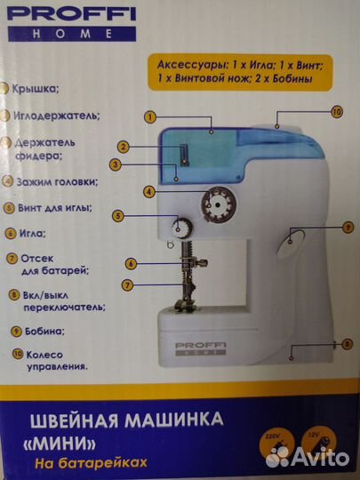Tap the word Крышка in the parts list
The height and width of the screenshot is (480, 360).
(36, 90)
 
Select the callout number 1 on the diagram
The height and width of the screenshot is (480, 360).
(150, 117)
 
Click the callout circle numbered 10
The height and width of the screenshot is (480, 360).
(336, 112)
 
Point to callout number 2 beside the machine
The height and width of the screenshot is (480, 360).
(125, 146)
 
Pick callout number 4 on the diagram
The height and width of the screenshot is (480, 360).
(149, 191)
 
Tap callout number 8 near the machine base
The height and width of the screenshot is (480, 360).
(347, 343)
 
